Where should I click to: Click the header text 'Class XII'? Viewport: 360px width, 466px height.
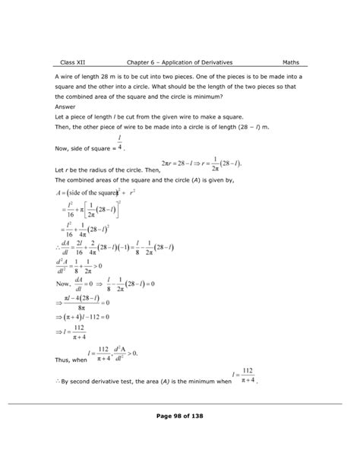(74, 62)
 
